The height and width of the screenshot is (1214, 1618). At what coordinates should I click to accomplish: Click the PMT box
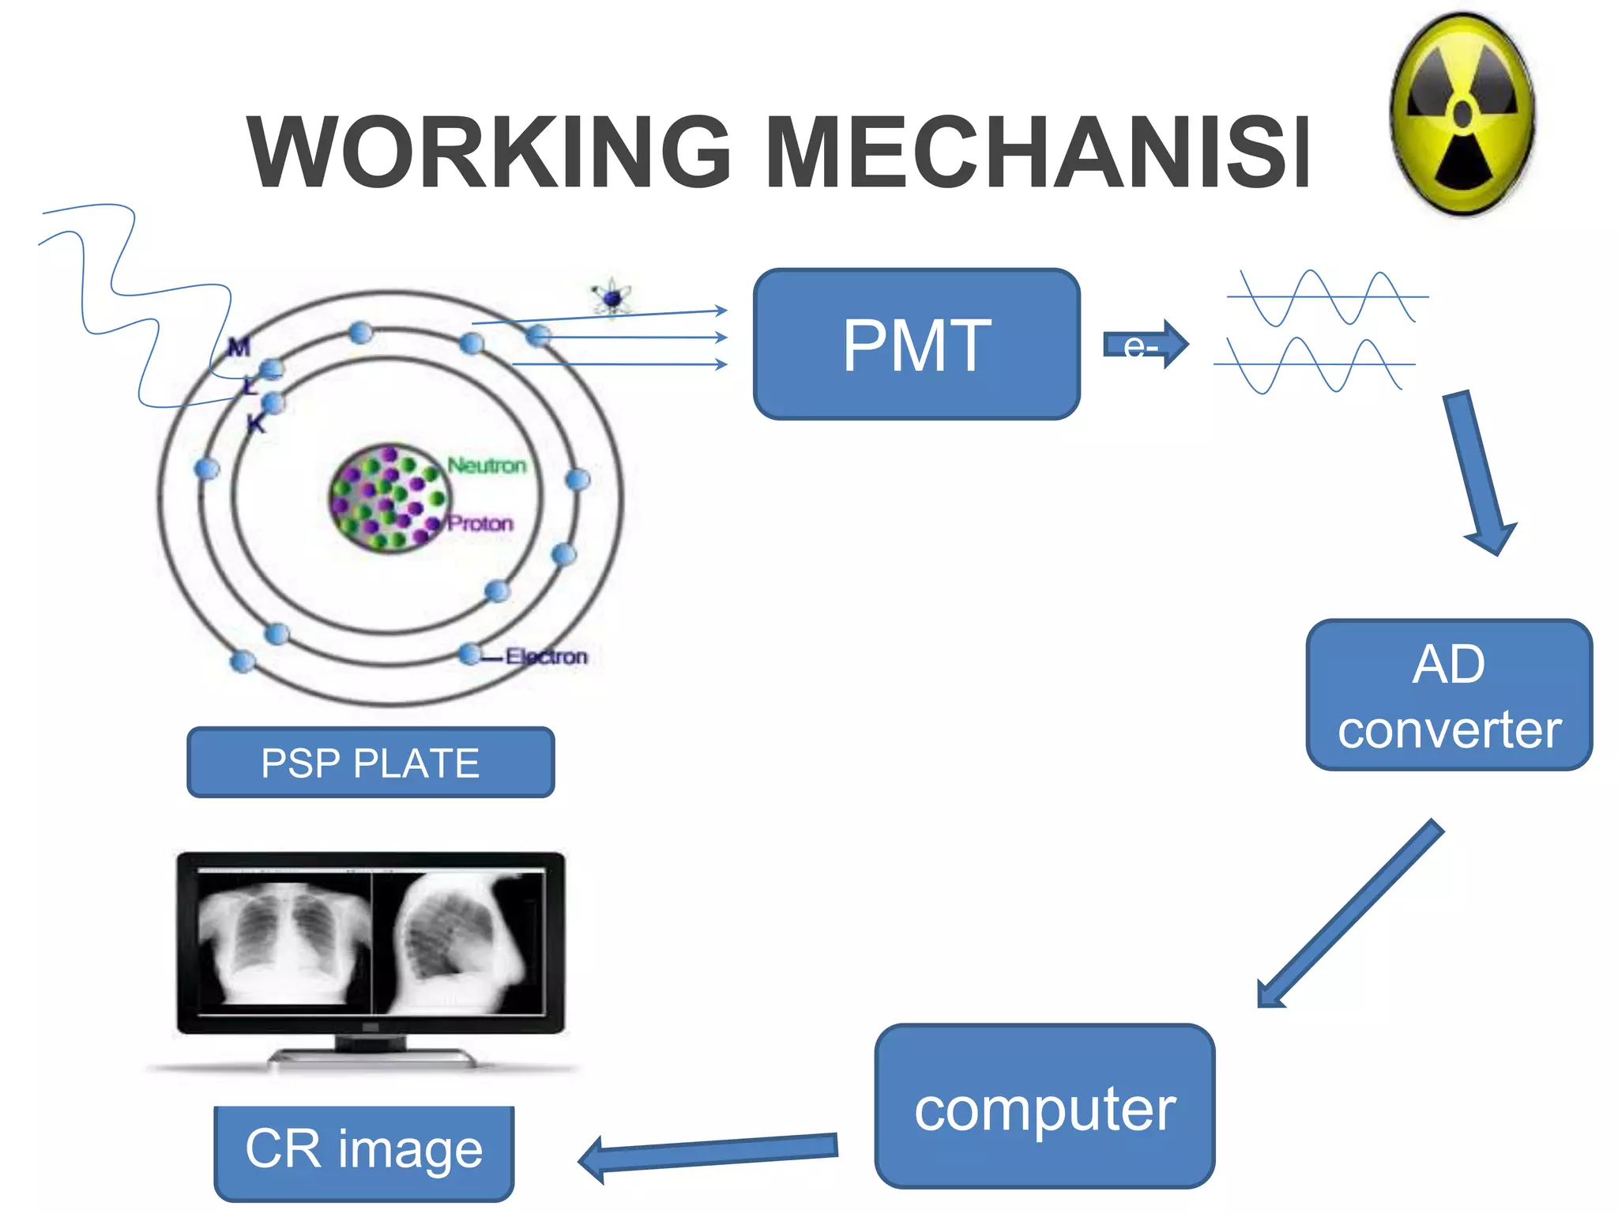tap(916, 345)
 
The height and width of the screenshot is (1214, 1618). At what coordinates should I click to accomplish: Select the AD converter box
tap(1449, 695)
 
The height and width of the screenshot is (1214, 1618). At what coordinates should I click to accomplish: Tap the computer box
tap(1044, 1107)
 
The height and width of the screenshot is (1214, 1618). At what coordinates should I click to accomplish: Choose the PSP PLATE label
tap(371, 763)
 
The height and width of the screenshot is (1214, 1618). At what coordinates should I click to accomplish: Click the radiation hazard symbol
tap(1463, 115)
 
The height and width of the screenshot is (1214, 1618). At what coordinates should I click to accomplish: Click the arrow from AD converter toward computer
tap(1352, 913)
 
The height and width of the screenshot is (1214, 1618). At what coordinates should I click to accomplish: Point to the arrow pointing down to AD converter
tap(1479, 474)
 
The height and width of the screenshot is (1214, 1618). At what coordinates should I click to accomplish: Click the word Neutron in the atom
tap(487, 466)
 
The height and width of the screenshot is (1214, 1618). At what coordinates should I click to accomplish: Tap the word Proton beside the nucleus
tap(480, 523)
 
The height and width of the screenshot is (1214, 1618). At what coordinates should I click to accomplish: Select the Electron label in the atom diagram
tap(547, 657)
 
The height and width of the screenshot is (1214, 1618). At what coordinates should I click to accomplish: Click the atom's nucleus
tap(389, 498)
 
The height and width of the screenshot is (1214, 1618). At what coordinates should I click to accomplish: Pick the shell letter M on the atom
tap(238, 347)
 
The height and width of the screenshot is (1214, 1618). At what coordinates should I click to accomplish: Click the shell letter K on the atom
tap(256, 424)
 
